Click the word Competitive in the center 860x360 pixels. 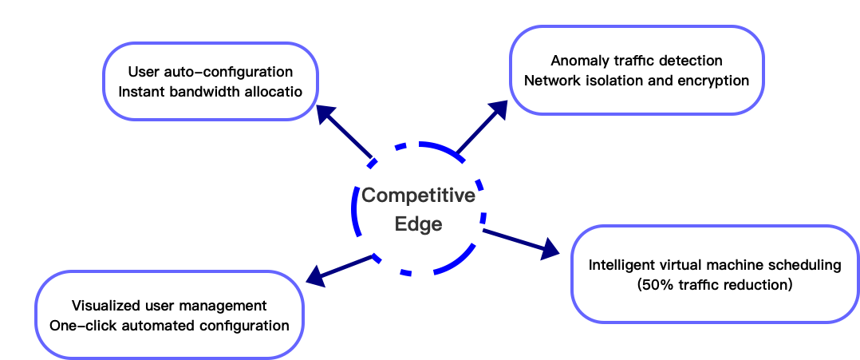419,196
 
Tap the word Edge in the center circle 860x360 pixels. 419,224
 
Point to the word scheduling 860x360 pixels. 811,265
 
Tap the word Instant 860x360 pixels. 140,92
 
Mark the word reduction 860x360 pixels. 759,285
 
